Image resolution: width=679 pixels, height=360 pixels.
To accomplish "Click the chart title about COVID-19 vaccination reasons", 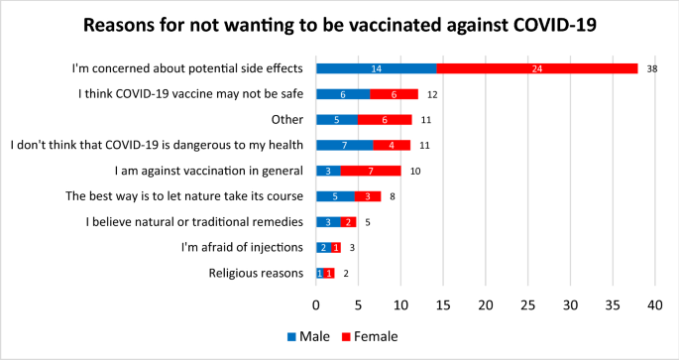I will click(339, 24).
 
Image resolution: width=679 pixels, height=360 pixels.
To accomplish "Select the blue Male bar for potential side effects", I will click(376, 68).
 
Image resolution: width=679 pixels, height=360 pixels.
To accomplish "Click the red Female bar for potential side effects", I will click(536, 68).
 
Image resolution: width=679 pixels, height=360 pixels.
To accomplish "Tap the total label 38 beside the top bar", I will click(651, 69).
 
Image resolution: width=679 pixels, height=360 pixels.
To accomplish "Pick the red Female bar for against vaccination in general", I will click(371, 171).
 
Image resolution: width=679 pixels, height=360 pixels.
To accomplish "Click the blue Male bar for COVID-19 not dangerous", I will click(345, 145).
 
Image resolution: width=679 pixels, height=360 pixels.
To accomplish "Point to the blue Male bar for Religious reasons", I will click(320, 273).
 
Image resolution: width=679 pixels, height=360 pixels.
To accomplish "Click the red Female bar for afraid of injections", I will click(337, 247).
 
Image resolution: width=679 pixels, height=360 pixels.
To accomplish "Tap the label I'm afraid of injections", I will click(243, 247).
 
